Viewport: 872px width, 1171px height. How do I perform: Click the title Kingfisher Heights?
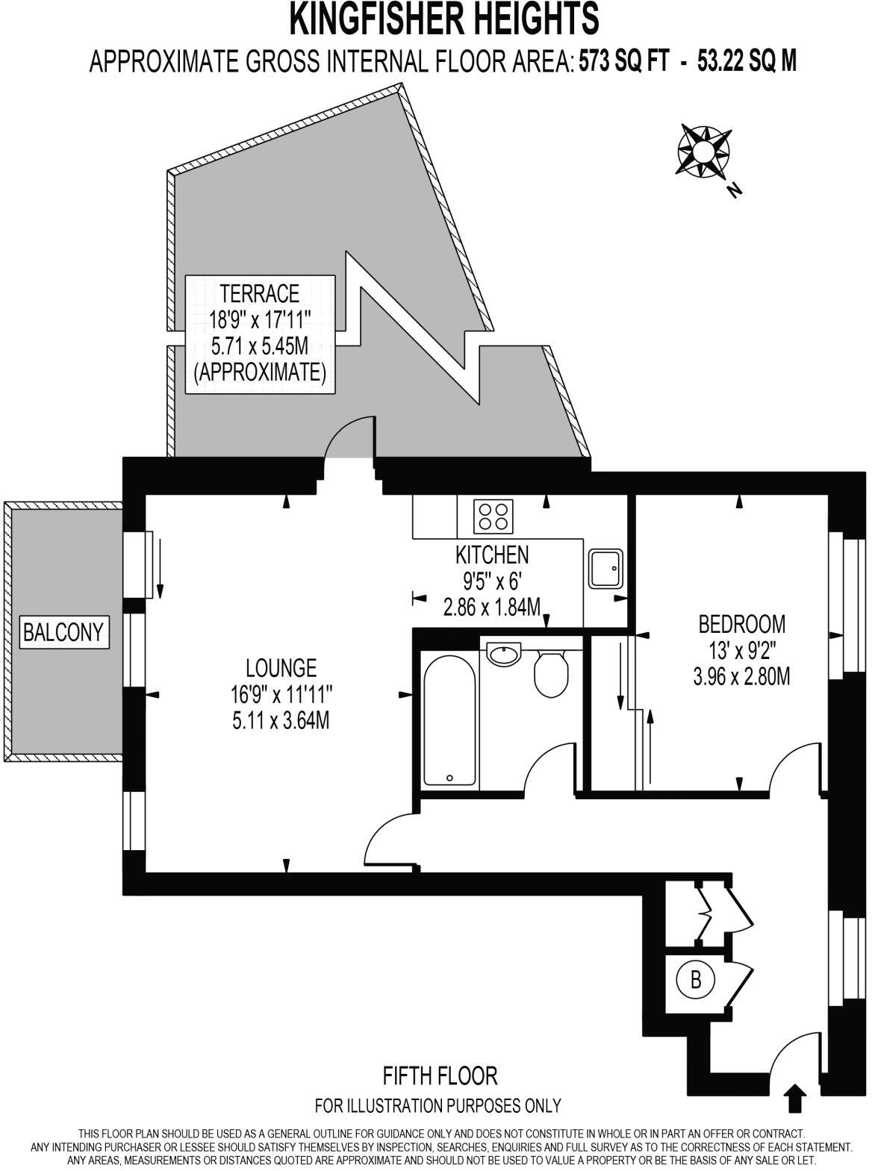click(x=444, y=19)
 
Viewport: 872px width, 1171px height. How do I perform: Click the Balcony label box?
click(x=63, y=632)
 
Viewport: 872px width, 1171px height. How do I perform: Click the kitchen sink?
click(x=605, y=569)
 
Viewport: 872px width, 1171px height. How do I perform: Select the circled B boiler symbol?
click(x=695, y=979)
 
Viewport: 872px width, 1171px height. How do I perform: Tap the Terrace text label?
click(x=260, y=293)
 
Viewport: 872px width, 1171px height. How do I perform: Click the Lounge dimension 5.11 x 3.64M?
click(x=281, y=721)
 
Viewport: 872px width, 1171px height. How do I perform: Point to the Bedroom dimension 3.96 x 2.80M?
click(x=741, y=677)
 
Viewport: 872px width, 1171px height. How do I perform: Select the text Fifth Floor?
click(x=440, y=1075)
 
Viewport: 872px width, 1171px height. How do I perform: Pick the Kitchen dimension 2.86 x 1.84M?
click(x=491, y=607)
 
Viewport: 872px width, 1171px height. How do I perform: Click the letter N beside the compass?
click(x=735, y=190)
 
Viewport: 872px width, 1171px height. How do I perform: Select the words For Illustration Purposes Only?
click(x=438, y=1105)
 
